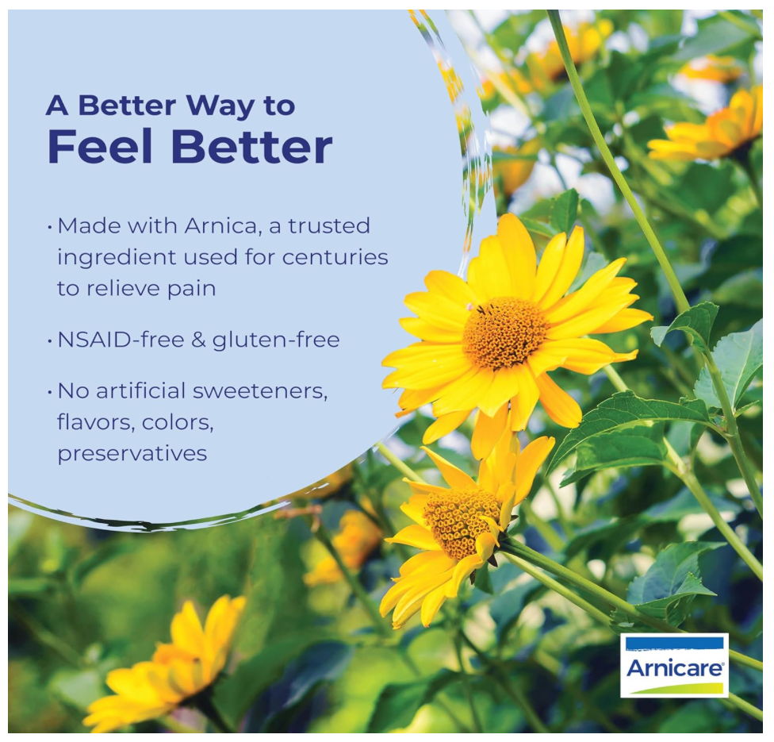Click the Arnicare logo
pyautogui.click(x=674, y=666)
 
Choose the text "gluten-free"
pyautogui.click(x=276, y=340)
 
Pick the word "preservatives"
pyautogui.click(x=132, y=454)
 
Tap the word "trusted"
pyautogui.click(x=329, y=225)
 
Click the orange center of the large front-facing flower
pyautogui.click(x=504, y=333)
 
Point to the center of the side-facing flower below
pyautogui.click(x=462, y=521)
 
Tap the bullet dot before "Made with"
pyautogui.click(x=49, y=228)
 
